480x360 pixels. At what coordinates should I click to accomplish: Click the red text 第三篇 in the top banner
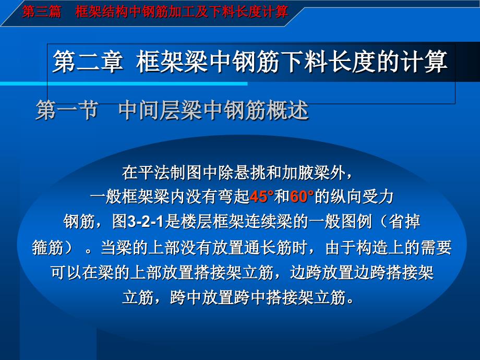pos(42,12)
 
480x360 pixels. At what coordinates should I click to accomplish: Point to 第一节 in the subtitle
pos(67,110)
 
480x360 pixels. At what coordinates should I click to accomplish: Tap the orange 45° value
pos(262,197)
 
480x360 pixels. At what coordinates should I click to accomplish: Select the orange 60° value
pos(303,197)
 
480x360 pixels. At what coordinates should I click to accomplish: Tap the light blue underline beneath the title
pos(146,83)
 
